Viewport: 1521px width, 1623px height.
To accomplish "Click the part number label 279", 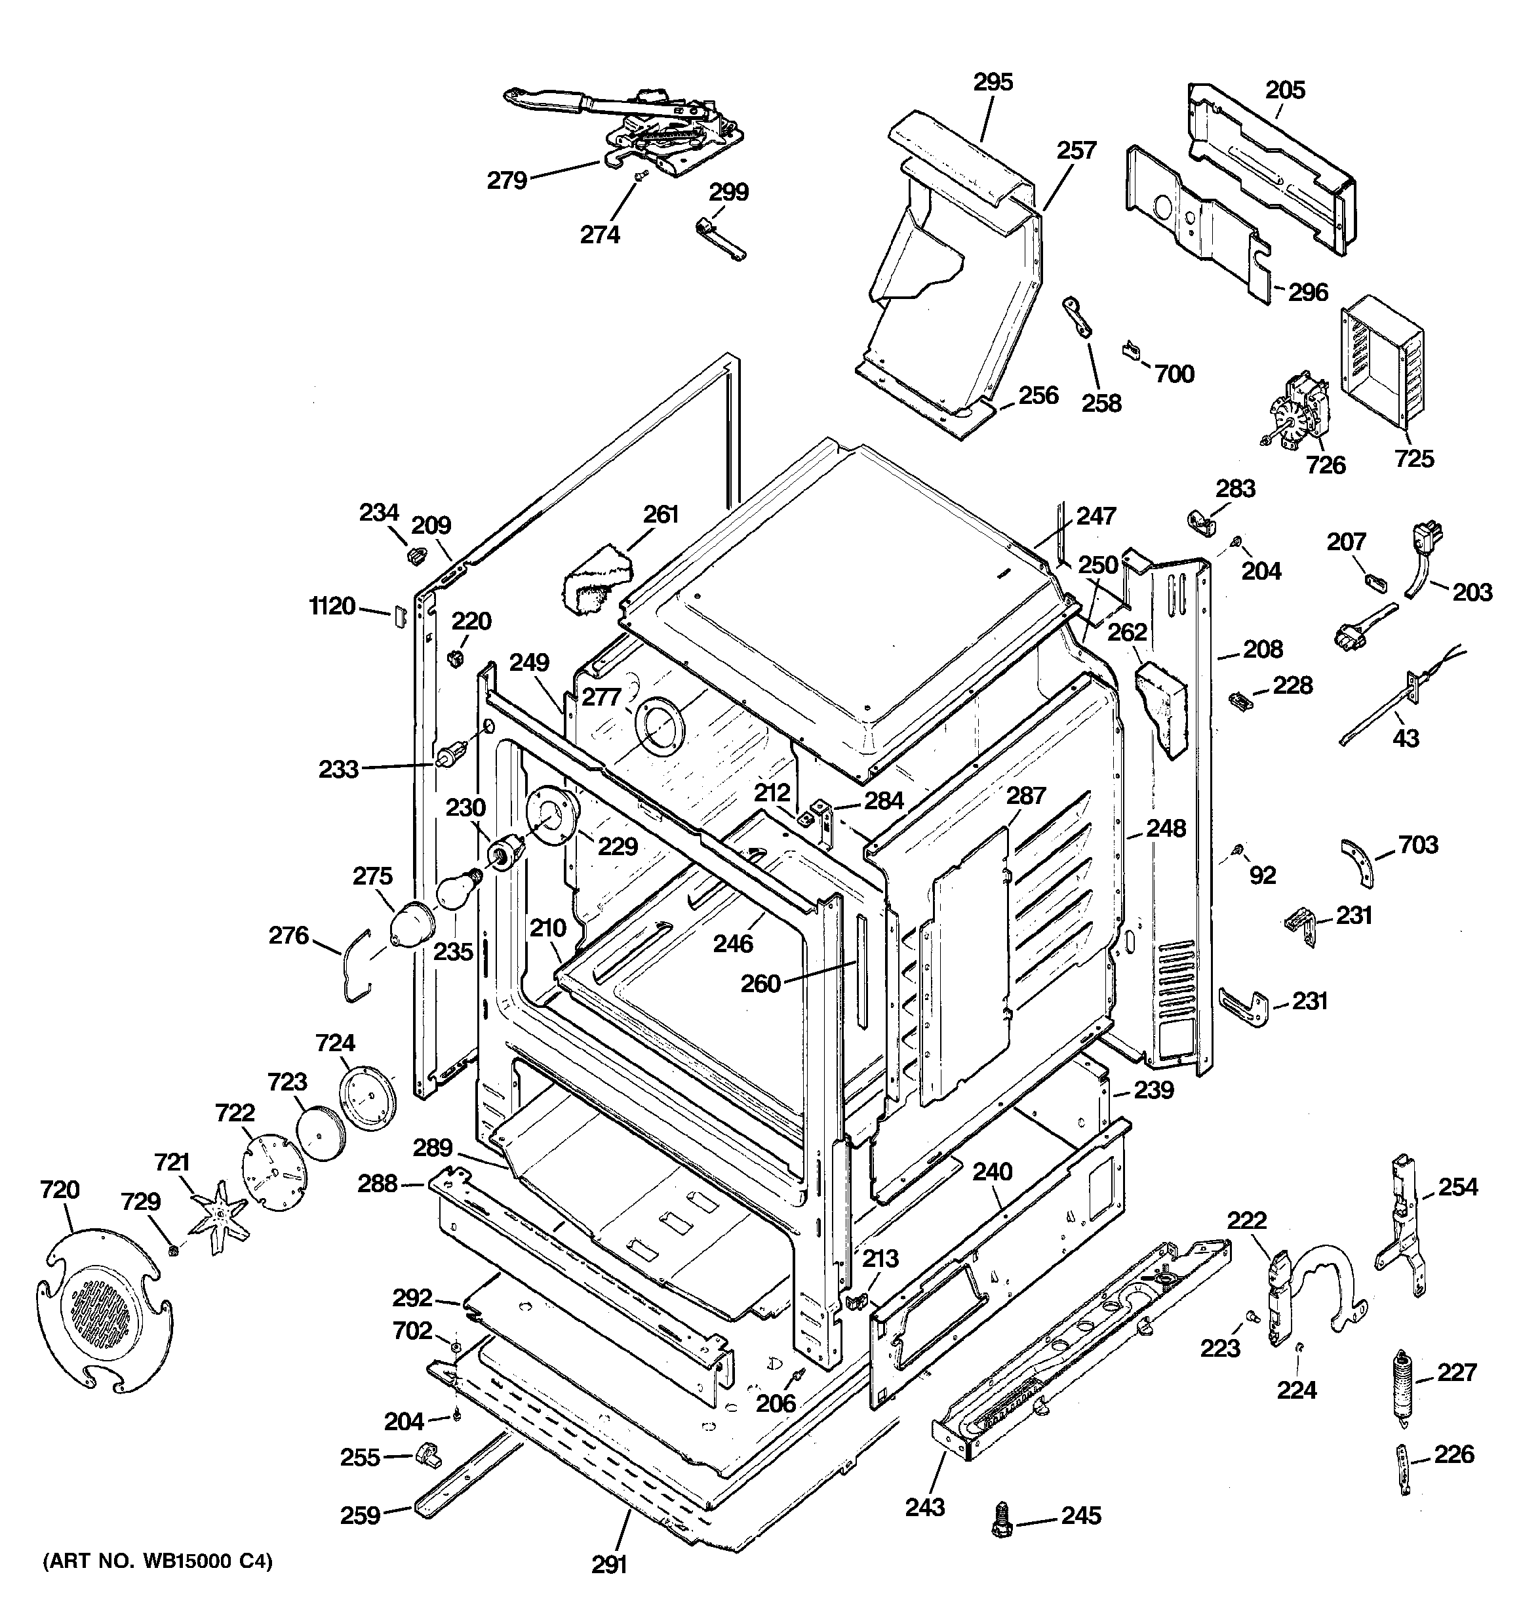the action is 507,180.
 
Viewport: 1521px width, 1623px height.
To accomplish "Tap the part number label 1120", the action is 332,606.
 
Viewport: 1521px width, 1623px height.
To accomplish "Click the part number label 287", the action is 1025,795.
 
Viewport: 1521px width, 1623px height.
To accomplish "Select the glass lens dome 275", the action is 412,924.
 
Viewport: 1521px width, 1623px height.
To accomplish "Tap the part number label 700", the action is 1174,374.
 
